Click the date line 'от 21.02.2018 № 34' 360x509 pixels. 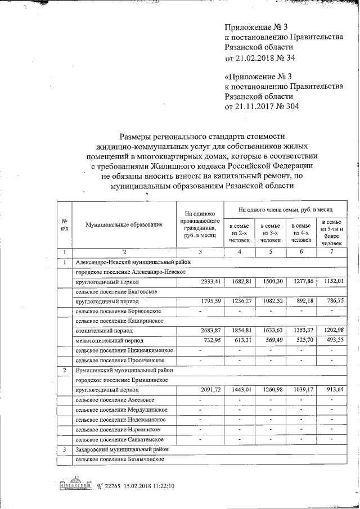coord(260,57)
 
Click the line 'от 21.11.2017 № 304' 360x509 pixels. coord(262,106)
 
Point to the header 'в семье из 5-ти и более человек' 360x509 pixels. coord(331,232)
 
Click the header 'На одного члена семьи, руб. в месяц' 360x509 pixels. coord(285,209)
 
